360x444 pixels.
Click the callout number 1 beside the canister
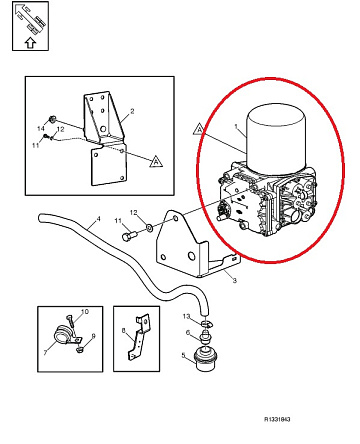[236, 126]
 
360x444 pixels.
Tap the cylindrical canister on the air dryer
[276, 139]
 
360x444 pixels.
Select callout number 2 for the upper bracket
[132, 111]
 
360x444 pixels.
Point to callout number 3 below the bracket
[234, 280]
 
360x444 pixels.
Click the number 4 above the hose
[98, 219]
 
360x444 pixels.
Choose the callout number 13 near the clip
[186, 316]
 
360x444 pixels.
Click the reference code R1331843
[277, 419]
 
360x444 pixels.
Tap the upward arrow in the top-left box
[30, 42]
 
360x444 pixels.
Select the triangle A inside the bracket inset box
[156, 161]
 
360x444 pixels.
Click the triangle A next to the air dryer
[199, 129]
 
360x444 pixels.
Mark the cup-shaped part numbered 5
[204, 359]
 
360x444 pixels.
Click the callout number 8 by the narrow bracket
[124, 331]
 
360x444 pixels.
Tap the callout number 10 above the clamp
[85, 311]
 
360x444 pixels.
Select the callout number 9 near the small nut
[93, 336]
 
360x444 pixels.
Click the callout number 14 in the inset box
[41, 129]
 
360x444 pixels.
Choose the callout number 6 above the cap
[188, 333]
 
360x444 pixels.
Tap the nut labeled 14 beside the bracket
[52, 119]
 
